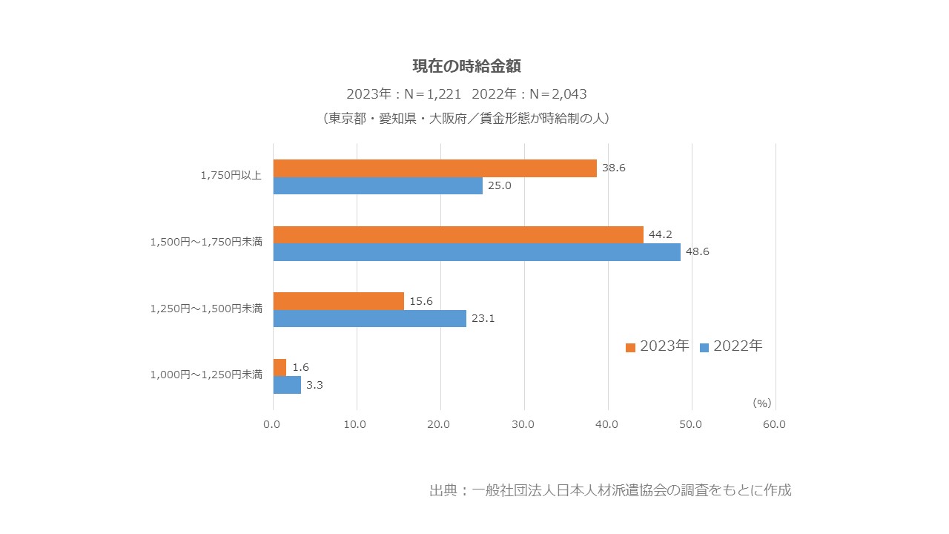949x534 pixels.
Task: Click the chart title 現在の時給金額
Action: coord(466,66)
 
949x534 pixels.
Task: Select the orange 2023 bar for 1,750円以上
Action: coord(434,168)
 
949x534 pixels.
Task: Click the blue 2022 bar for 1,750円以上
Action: coord(377,185)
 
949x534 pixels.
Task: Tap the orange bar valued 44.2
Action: coord(458,234)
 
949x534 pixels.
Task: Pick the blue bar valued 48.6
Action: coord(477,252)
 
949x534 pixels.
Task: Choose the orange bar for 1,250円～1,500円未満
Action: coord(338,301)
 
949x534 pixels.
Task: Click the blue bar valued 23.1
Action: coord(369,319)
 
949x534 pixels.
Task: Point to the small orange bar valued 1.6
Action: coord(280,367)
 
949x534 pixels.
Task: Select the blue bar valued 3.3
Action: coord(287,385)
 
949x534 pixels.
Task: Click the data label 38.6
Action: coord(613,168)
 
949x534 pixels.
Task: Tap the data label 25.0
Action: coord(499,185)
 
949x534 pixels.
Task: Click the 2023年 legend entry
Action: coord(657,346)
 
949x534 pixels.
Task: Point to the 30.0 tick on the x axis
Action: coord(523,425)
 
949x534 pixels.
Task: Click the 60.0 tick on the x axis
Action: coord(774,425)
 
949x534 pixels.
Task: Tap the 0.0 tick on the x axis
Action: coord(272,425)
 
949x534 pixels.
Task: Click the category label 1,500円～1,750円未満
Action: coord(206,242)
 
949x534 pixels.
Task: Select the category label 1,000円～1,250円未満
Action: coord(206,375)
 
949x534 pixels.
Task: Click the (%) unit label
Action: coord(761,403)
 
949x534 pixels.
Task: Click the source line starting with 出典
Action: coord(609,490)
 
